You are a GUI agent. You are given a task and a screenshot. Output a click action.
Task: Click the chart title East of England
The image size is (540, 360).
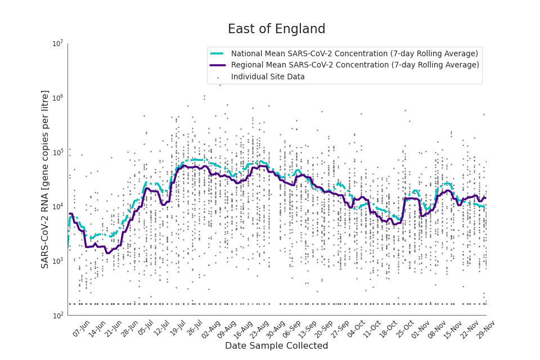click(x=276, y=29)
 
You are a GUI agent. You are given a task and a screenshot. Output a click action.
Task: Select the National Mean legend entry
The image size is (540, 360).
click(x=354, y=54)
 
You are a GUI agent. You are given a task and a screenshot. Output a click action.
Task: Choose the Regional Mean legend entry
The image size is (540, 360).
click(x=355, y=65)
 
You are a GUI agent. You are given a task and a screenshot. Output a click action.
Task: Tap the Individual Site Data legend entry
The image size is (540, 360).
click(x=268, y=77)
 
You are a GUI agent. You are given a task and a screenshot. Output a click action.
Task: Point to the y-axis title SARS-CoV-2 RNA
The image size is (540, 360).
click(x=45, y=179)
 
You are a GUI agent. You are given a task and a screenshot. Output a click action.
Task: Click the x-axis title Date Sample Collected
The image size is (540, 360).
click(x=276, y=346)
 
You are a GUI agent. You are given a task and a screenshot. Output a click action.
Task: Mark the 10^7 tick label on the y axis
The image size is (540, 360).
click(x=57, y=44)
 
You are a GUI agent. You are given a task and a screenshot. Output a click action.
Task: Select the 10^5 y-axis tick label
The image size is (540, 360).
click(x=57, y=152)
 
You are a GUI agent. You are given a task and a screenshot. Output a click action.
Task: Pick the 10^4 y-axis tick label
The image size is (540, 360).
click(x=57, y=207)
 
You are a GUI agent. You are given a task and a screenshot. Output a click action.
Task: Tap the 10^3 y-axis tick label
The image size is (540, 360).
click(x=57, y=262)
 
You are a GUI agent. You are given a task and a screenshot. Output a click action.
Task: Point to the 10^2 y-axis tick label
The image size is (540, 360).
click(x=57, y=316)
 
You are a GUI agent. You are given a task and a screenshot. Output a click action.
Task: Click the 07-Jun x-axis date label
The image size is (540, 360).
click(x=82, y=328)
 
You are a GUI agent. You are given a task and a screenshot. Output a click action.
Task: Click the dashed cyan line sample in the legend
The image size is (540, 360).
click(x=218, y=54)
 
